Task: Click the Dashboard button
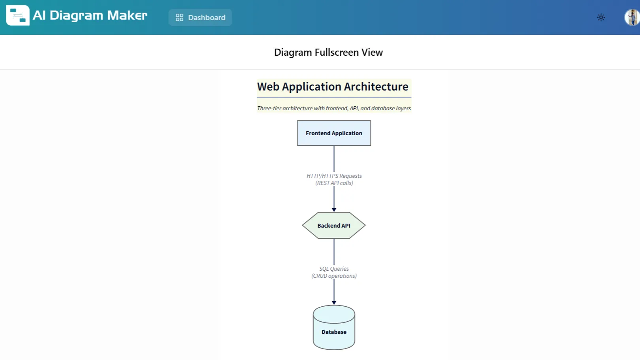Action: coord(200,17)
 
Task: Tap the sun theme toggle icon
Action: coord(601,17)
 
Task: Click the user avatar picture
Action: coord(632,17)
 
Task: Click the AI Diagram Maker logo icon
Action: coord(18,15)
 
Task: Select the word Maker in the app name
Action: coord(127,15)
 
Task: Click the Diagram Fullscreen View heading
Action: coord(328,53)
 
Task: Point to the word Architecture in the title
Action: coord(376,87)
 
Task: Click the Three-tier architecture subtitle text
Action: coord(334,108)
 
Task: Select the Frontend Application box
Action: coord(334,133)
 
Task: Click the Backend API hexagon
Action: coord(334,226)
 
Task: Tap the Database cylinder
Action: coord(334,330)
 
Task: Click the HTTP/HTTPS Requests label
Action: coord(334,176)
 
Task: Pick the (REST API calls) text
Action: coord(334,183)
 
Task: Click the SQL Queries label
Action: coord(334,269)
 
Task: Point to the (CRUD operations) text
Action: coord(334,276)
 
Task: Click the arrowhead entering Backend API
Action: coord(334,210)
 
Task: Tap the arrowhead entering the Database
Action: coord(334,303)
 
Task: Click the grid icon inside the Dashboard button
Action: coord(179,17)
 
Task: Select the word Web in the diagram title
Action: coord(268,87)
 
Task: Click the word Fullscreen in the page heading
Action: coord(337,53)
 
